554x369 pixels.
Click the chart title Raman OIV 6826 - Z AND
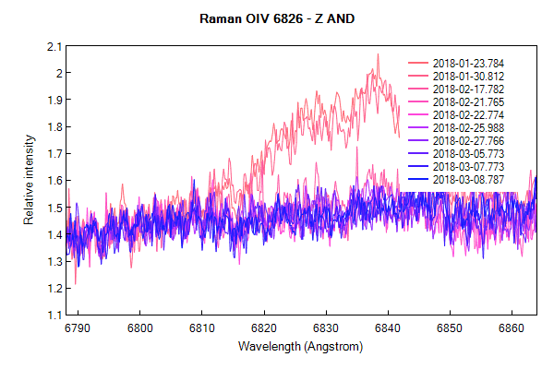click(x=277, y=18)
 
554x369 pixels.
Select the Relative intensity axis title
click(x=29, y=180)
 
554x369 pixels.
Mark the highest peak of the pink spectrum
click(x=378, y=54)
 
